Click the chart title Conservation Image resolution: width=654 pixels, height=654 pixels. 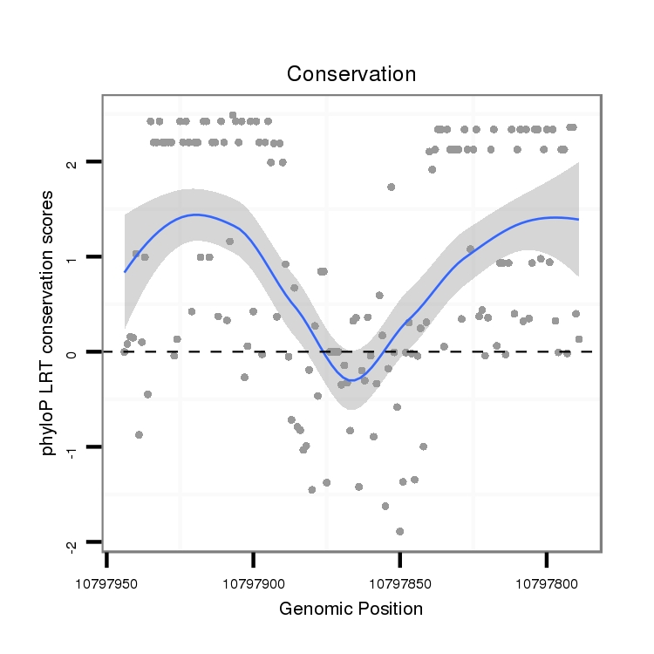(x=351, y=74)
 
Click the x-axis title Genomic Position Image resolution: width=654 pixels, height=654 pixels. (x=351, y=609)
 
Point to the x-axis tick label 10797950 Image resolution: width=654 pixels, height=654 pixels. (x=106, y=579)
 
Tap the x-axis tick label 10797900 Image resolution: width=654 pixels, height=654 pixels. (x=253, y=579)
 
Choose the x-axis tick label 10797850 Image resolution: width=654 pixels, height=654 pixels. (x=399, y=579)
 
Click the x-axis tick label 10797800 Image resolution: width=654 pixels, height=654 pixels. (x=546, y=579)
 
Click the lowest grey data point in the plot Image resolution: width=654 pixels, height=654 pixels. (x=399, y=531)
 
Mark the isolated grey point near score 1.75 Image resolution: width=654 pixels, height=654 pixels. (x=391, y=187)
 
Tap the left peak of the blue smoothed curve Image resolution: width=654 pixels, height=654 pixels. (x=195, y=215)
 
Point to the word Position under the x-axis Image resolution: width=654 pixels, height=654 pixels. (x=389, y=609)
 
